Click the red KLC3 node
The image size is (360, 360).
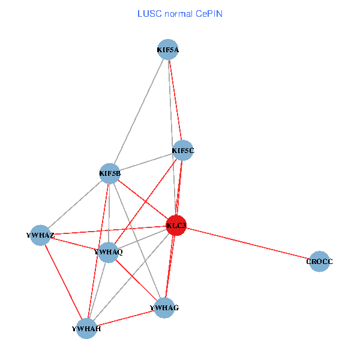(176, 226)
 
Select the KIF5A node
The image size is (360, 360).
(168, 50)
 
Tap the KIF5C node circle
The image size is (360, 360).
(183, 150)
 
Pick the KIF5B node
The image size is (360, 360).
(110, 174)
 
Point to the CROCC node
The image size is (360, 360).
(319, 262)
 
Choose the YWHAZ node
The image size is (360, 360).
(41, 235)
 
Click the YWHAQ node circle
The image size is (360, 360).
(109, 252)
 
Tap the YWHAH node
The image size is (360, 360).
(86, 328)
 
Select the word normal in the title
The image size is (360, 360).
(182, 13)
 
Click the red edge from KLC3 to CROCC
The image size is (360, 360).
(248, 244)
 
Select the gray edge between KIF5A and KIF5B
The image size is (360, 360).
(139, 112)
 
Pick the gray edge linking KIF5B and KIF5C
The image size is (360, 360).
(146, 162)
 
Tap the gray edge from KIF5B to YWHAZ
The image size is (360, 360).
(75, 205)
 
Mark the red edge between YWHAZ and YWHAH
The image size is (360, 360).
(64, 281)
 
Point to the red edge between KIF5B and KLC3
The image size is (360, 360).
(143, 200)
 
